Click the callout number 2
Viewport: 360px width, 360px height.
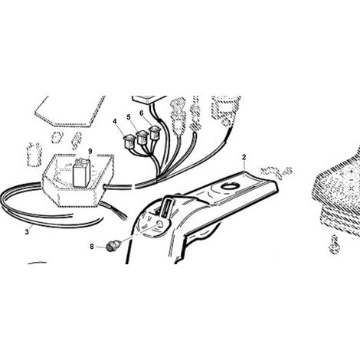point(244,157)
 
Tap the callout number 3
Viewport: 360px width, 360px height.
point(27,232)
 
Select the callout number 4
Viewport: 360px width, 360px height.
point(115,121)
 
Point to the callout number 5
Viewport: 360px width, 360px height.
point(129,117)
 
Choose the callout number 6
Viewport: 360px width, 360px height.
point(142,113)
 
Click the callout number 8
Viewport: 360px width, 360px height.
point(92,247)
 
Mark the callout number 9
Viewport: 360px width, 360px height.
point(90,151)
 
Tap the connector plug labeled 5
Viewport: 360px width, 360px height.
point(142,138)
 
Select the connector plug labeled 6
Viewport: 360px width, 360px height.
point(155,133)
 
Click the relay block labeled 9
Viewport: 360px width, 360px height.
point(81,172)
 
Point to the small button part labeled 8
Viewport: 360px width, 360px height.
point(111,247)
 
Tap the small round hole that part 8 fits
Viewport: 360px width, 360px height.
point(161,224)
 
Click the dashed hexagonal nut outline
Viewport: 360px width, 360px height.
point(56,138)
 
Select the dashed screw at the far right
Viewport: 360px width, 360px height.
point(333,244)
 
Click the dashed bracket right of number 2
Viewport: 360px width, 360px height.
point(277,172)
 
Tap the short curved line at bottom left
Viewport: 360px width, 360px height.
point(37,263)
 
